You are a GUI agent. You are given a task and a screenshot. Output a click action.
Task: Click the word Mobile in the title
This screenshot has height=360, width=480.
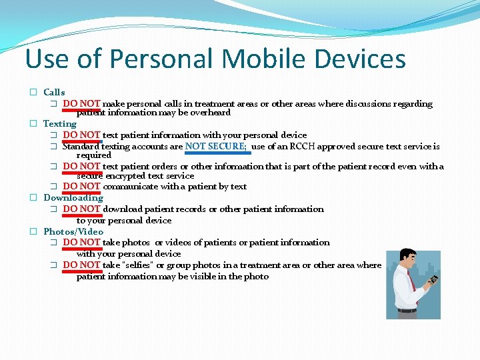click(x=259, y=59)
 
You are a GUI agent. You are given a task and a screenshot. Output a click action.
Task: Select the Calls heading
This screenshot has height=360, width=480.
click(x=54, y=92)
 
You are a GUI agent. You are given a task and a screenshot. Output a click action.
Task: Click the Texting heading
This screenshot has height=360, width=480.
click(x=60, y=123)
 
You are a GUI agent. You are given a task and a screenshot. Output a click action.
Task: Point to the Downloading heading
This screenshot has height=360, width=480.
click(x=73, y=197)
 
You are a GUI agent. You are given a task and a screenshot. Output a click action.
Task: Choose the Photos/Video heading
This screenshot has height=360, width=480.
click(x=73, y=231)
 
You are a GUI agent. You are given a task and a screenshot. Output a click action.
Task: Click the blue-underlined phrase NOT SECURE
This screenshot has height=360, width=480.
click(x=215, y=147)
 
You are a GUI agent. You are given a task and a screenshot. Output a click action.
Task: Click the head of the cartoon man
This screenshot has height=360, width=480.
click(x=408, y=258)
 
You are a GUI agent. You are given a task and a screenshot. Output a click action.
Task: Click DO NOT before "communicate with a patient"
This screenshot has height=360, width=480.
click(x=81, y=186)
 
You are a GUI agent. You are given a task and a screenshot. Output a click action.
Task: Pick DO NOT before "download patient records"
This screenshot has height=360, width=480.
click(x=81, y=209)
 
